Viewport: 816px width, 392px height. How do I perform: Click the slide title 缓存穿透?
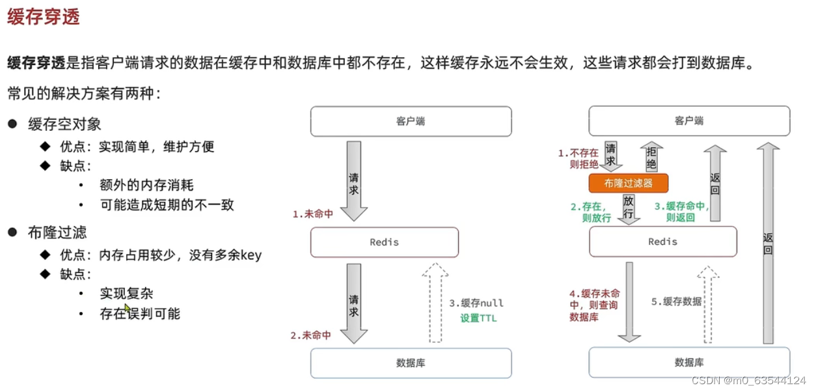point(43,18)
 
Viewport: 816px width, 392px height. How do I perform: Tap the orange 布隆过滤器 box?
point(628,184)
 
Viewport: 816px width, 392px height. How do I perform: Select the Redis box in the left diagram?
point(384,242)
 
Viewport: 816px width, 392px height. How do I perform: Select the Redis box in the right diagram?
point(662,242)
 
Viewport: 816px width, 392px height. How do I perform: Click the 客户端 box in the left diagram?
point(411,121)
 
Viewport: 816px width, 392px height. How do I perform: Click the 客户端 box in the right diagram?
point(689,121)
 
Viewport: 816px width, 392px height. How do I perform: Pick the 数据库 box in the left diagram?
point(411,363)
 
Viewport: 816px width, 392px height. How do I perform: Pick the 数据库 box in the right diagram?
point(689,363)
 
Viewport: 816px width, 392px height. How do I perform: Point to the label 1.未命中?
point(312,214)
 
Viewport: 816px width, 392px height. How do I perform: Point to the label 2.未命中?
point(310,335)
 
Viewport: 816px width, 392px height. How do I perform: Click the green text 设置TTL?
point(478,318)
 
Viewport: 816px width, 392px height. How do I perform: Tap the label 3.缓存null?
point(476,303)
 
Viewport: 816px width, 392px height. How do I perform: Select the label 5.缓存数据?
point(677,301)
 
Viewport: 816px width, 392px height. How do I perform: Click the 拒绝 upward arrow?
point(651,156)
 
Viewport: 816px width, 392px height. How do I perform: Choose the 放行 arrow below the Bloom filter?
point(629,208)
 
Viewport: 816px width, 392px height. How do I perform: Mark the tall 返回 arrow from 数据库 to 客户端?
point(768,241)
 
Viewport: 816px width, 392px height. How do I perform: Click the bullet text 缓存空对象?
point(64,124)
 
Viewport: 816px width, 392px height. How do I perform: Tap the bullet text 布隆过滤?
point(57,232)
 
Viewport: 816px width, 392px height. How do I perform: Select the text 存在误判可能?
point(140,314)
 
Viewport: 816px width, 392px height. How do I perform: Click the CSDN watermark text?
point(748,380)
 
